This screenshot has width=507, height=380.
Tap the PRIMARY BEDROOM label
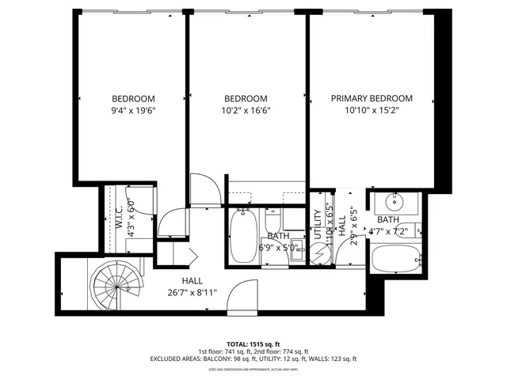coord(372,99)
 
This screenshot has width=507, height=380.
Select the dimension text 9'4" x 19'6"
coord(132,111)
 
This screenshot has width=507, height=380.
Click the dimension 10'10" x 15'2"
coord(372,111)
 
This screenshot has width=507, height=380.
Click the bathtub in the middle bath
coord(242,236)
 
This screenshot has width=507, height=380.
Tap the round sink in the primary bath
coord(394,201)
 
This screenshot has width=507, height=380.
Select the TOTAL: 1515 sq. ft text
coord(253,344)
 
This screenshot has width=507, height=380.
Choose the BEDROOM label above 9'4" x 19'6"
coord(132,99)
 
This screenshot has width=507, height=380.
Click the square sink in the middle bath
coord(294,245)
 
